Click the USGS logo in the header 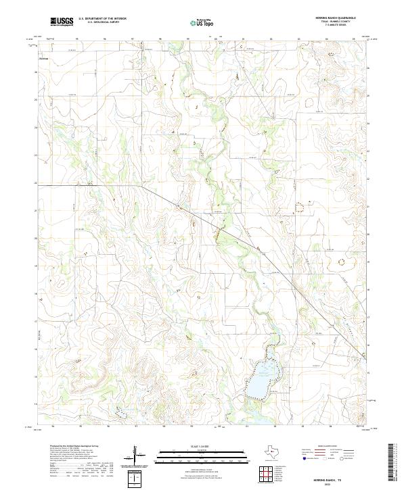[62, 22]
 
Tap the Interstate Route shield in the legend [304, 459]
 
